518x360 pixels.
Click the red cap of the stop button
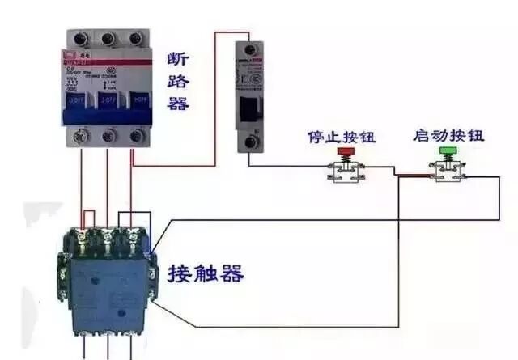tap(346, 151)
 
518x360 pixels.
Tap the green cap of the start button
tap(447, 150)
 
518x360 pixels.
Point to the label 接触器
tap(206, 274)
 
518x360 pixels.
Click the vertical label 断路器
tap(177, 82)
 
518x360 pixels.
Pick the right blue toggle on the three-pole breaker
tap(136, 100)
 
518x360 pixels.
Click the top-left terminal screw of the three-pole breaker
tap(81, 38)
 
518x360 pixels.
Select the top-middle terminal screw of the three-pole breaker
tap(108, 38)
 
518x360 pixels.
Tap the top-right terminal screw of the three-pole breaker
tap(135, 38)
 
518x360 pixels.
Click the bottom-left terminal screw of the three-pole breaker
tap(81, 135)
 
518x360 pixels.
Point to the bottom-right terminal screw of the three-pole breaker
tap(135, 135)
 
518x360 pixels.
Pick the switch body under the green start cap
tap(447, 170)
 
